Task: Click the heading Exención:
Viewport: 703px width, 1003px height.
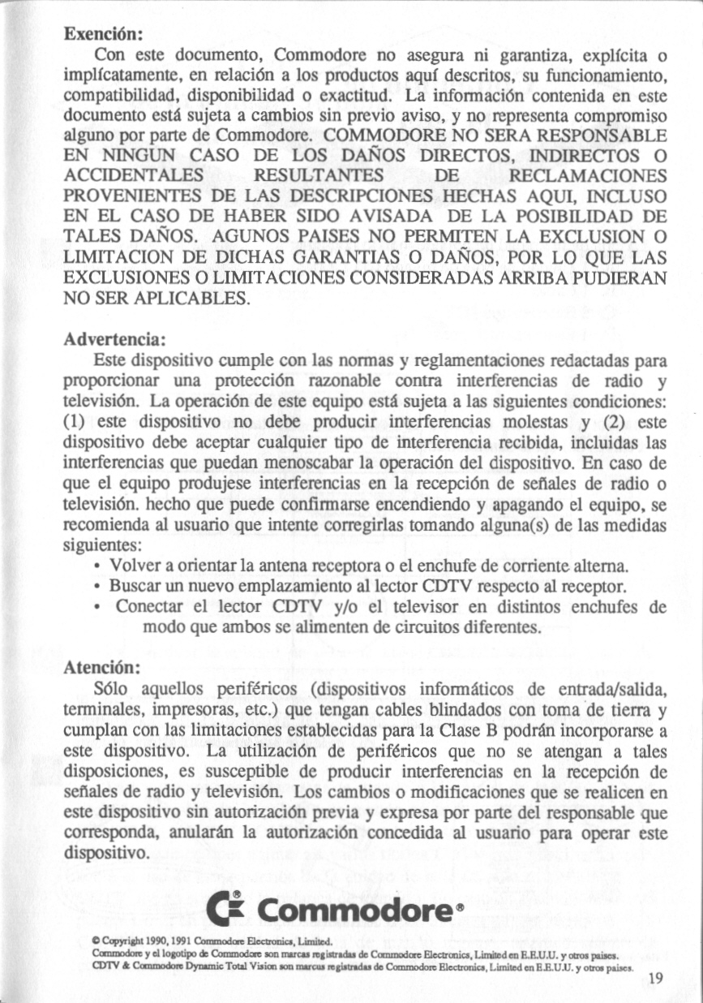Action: coord(104,35)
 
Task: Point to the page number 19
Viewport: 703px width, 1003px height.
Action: coord(656,979)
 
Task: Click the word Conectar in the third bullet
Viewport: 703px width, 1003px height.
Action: coord(150,607)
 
